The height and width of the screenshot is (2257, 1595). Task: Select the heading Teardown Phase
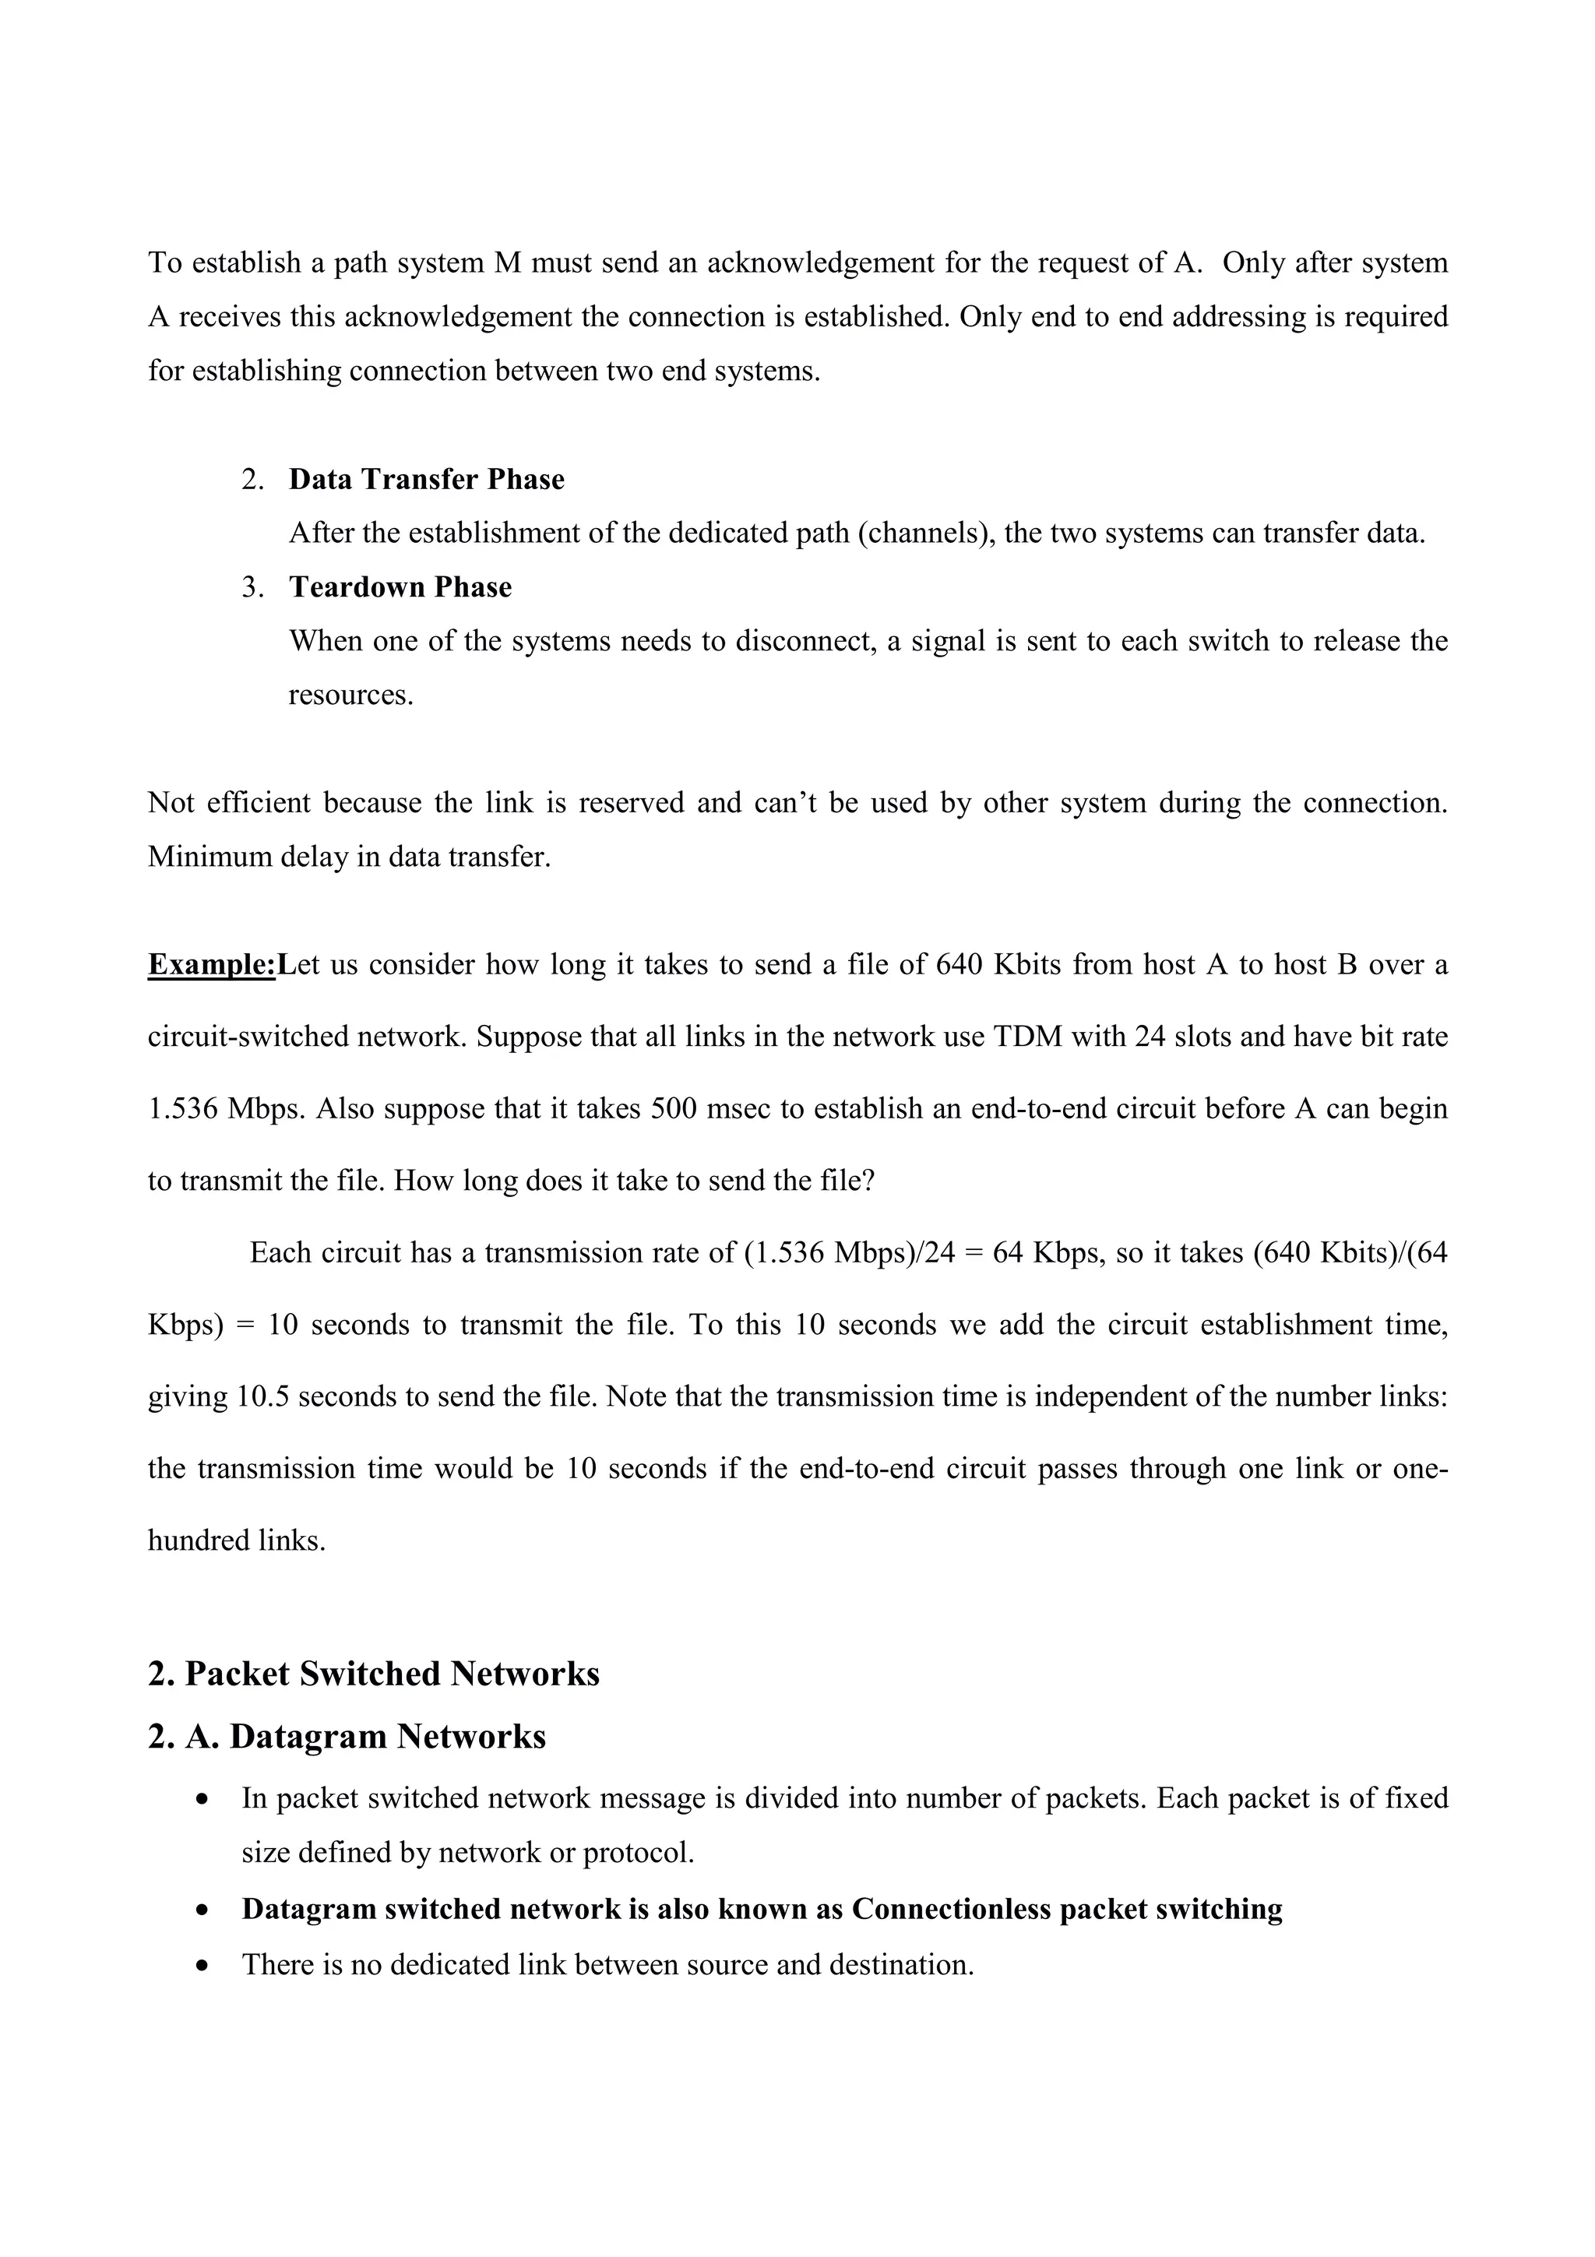(x=400, y=588)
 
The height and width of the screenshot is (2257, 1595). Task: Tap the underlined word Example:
(x=211, y=965)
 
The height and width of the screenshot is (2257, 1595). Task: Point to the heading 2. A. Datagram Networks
(x=346, y=1737)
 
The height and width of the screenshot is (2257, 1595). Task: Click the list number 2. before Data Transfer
(x=252, y=480)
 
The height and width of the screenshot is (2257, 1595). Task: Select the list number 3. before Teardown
(x=252, y=588)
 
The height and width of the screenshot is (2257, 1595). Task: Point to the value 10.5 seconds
(x=262, y=1397)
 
